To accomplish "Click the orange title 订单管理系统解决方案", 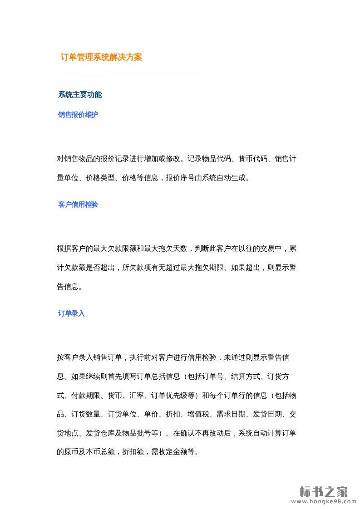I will [101, 58].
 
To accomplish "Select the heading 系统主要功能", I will [80, 95].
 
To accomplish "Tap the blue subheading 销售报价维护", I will [78, 115].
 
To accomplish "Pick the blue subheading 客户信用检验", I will [78, 205].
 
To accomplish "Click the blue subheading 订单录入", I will [71, 313].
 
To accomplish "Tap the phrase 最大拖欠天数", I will [166, 249].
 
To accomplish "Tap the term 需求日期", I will [231, 414].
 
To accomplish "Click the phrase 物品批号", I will [137, 433].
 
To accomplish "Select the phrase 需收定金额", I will [169, 452].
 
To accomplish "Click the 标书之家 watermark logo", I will [323, 491].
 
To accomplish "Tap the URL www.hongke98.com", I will [323, 502].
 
